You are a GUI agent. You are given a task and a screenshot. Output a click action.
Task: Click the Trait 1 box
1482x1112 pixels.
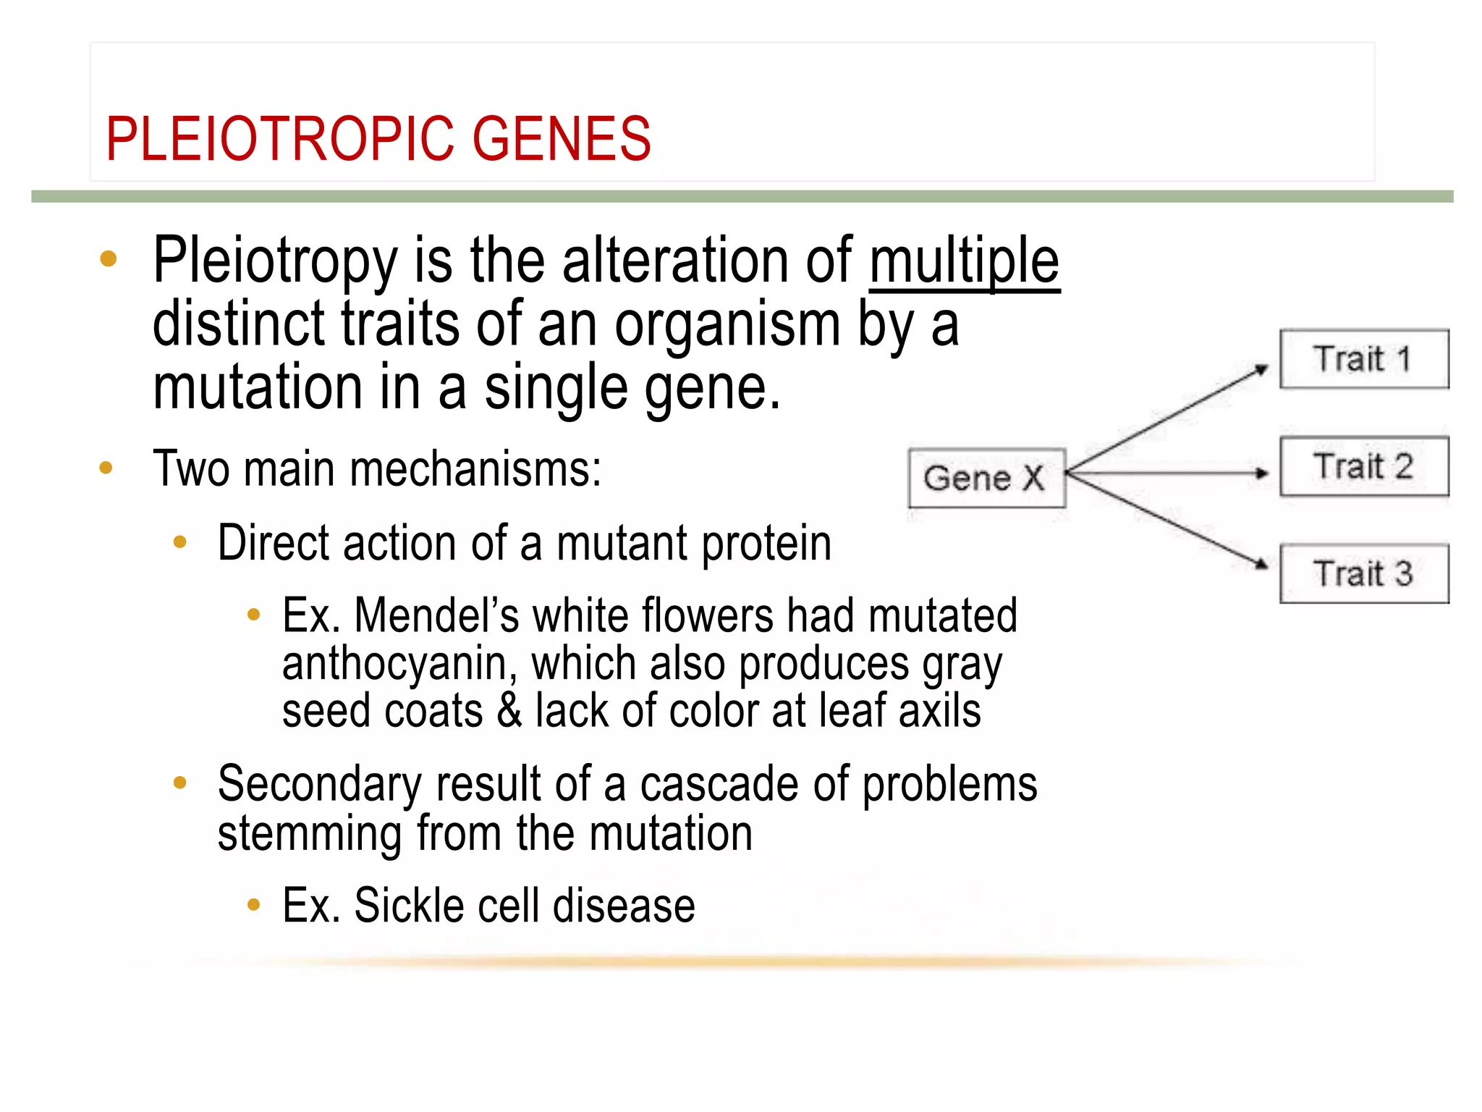click(1364, 359)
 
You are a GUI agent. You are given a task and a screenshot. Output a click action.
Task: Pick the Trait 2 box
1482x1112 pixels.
click(1364, 466)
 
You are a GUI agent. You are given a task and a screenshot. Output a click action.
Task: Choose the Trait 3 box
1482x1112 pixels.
click(1364, 573)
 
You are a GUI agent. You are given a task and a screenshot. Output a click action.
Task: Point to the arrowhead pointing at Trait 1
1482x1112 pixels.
click(1261, 369)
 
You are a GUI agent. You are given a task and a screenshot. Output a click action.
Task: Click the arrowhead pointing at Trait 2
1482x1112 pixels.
click(1263, 473)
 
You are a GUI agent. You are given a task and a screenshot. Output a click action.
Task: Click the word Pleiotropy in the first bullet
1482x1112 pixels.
click(275, 262)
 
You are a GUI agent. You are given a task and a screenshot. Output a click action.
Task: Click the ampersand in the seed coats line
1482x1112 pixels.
click(509, 711)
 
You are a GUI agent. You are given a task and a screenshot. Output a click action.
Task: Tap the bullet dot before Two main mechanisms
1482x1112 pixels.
click(106, 468)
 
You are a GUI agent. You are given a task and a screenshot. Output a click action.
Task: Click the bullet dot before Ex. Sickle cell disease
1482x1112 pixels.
click(253, 904)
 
